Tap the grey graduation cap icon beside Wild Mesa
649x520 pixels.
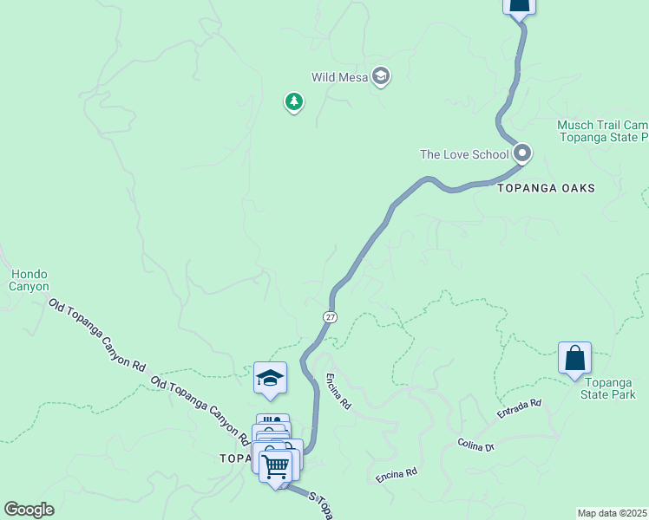[380, 77]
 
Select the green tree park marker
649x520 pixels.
[294, 103]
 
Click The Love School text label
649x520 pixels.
[464, 155]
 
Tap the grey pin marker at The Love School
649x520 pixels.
[522, 154]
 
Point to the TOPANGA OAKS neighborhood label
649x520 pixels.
[547, 188]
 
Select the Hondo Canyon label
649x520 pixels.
[29, 280]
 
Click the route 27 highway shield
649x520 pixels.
[331, 317]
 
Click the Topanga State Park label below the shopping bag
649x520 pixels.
[610, 388]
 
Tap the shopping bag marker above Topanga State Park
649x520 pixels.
[574, 358]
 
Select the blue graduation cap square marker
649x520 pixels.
[270, 378]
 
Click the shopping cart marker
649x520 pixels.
[276, 466]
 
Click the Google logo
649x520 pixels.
[29, 510]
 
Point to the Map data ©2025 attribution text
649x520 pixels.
[612, 513]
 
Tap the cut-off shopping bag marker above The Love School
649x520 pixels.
[519, 7]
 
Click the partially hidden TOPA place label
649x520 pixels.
[234, 458]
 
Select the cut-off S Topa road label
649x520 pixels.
[322, 504]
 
